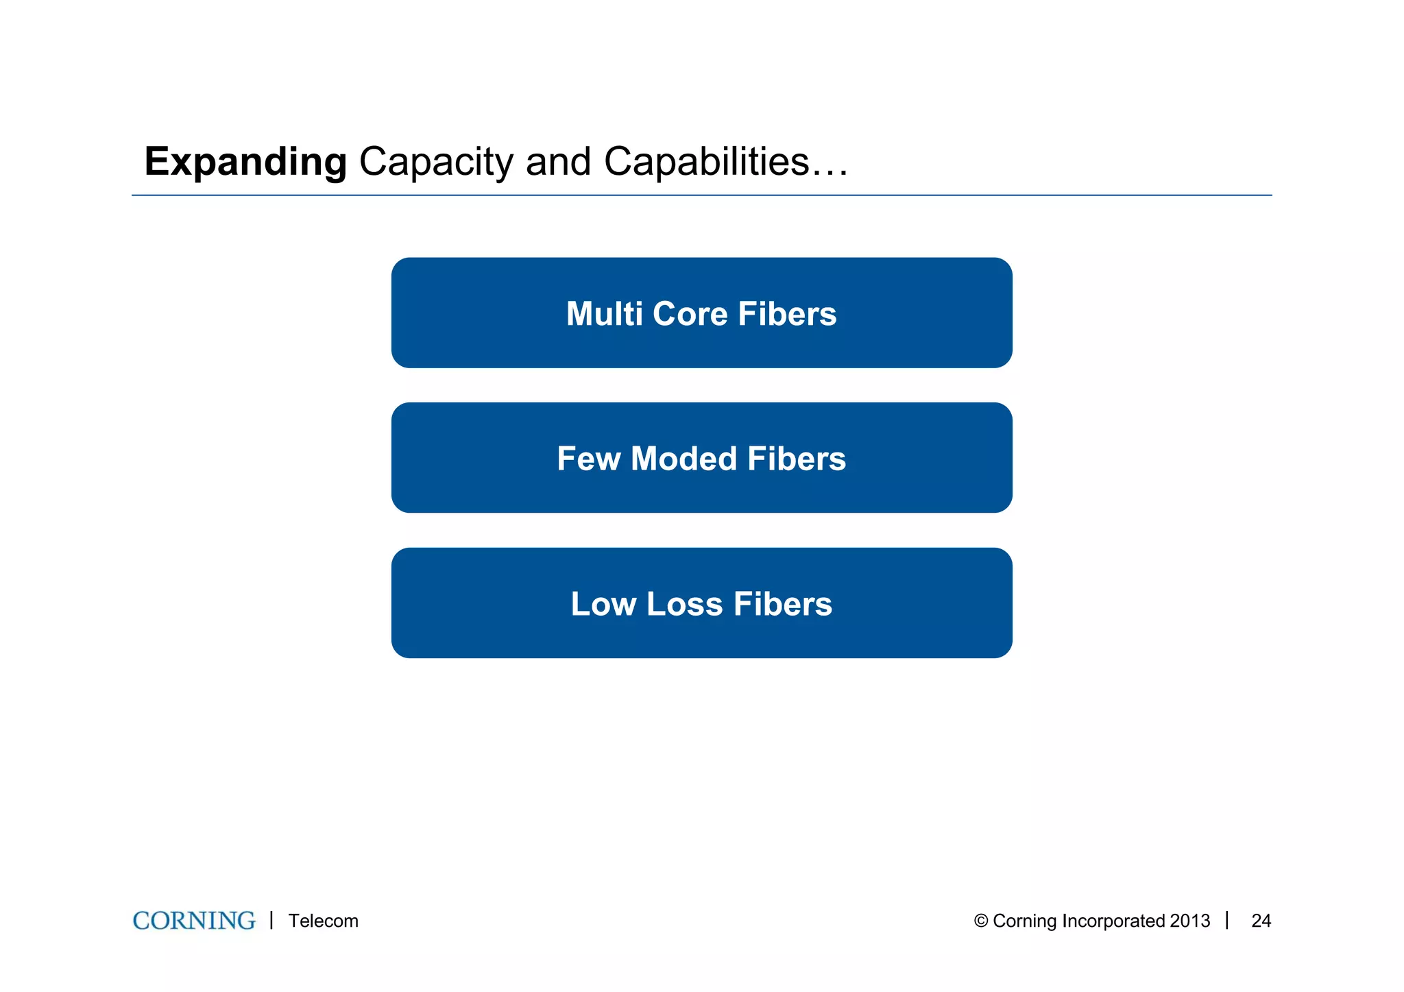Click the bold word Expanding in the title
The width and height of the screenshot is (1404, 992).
tap(245, 162)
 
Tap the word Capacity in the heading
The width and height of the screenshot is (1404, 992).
tap(436, 162)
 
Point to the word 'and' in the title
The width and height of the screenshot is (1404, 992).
tap(557, 162)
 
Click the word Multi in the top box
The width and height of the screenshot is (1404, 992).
tap(604, 314)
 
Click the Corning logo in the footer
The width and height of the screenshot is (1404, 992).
tap(194, 921)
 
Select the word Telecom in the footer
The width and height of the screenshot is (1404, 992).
tap(323, 921)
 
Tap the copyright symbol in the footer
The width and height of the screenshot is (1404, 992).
tap(980, 921)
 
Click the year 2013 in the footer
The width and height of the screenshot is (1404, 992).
tap(1190, 921)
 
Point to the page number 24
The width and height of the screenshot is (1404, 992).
tap(1261, 921)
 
